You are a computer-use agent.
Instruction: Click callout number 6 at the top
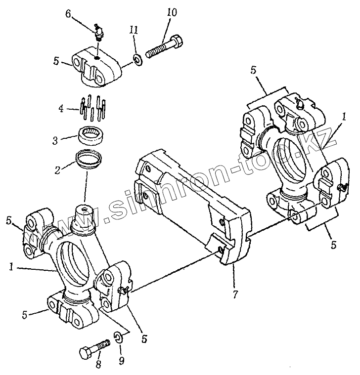[68, 15]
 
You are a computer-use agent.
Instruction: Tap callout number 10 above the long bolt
[172, 12]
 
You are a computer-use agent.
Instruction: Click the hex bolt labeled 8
[94, 349]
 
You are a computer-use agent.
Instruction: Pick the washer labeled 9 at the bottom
[119, 337]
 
